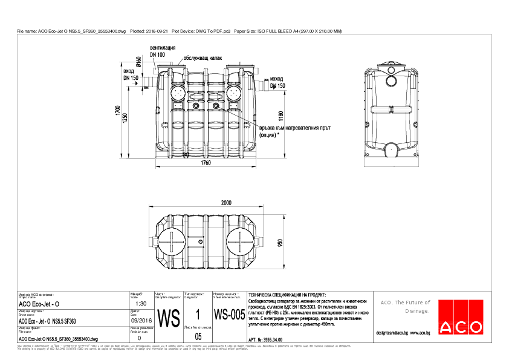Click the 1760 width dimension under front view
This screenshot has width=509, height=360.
(206, 163)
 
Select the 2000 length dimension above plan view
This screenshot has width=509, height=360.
(225, 201)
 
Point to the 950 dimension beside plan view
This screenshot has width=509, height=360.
(280, 243)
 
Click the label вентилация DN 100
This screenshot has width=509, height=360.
(163, 50)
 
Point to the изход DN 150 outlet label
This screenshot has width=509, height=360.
(277, 82)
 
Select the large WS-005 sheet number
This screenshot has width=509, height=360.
(229, 316)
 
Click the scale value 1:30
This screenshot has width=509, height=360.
(142, 303)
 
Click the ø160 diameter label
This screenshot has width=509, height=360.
(139, 62)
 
